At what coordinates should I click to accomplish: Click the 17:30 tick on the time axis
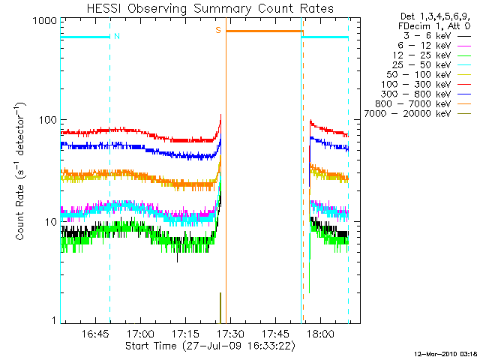point(231,333)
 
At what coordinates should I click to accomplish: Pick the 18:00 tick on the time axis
point(321,333)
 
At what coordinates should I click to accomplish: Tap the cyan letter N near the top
point(117,35)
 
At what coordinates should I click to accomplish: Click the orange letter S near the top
point(218,30)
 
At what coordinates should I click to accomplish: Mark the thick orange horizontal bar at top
point(264,31)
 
